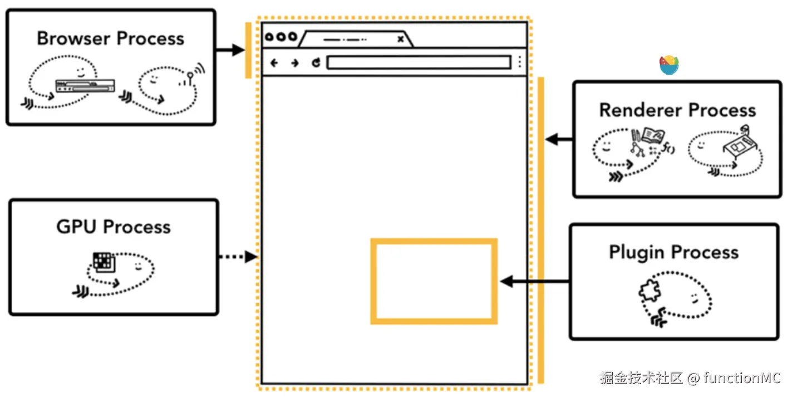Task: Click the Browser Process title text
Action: click(x=110, y=38)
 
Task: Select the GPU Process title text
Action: click(x=114, y=227)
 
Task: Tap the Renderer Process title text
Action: click(x=677, y=110)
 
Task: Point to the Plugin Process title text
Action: click(x=673, y=252)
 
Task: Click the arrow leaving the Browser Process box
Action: click(x=230, y=50)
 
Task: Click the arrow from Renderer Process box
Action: click(x=559, y=139)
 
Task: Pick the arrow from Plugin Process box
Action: click(x=534, y=282)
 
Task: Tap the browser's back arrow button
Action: click(x=274, y=63)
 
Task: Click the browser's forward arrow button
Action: click(x=295, y=63)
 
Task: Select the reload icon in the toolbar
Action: click(x=316, y=63)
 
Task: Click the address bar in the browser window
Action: click(x=419, y=62)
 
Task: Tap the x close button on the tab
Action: click(x=400, y=39)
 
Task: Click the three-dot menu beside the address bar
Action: click(x=519, y=62)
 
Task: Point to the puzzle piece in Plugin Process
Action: click(x=648, y=291)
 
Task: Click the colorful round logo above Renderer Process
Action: click(x=669, y=65)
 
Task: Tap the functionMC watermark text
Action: click(x=742, y=378)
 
